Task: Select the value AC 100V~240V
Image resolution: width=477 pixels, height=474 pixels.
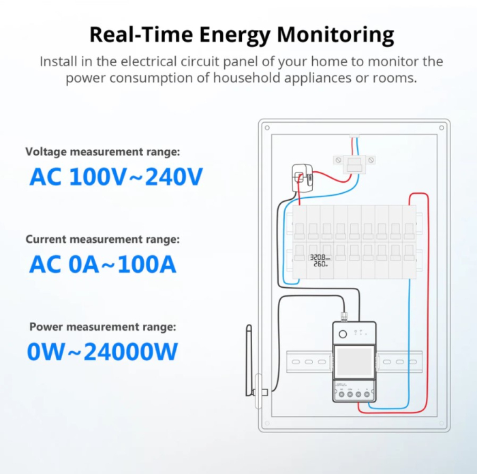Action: [116, 177]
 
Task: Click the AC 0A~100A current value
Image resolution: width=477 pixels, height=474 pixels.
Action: [103, 264]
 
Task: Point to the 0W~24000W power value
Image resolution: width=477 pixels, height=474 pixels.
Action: [102, 352]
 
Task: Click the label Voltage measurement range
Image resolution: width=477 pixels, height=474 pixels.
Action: [103, 151]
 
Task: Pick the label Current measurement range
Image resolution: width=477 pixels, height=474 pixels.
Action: [103, 239]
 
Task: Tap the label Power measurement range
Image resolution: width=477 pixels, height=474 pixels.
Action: [103, 327]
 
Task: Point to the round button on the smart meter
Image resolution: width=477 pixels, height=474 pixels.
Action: [343, 334]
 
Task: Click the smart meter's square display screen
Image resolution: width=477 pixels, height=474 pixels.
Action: [354, 362]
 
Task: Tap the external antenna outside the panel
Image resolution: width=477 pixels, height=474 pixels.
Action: [249, 361]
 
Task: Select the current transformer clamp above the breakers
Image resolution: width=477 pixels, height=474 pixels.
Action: [302, 178]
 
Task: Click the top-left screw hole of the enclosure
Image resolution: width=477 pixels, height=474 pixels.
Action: [267, 128]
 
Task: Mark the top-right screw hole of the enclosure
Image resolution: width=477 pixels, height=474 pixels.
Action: [442, 128]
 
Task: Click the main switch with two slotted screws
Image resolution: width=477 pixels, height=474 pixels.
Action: [354, 164]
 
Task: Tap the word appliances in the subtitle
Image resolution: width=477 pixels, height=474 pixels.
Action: [318, 78]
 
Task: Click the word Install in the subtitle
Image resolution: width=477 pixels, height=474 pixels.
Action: [59, 61]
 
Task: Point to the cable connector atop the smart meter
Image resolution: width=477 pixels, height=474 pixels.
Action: [344, 316]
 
